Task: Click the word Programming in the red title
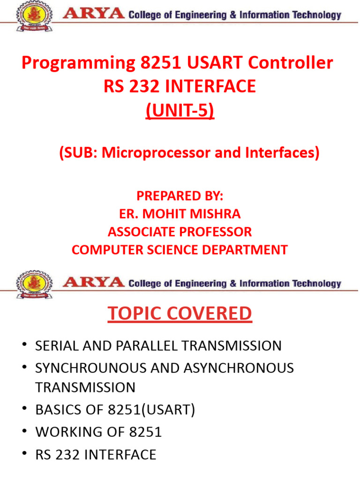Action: pos(78,64)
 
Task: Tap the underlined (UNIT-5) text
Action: pos(180,111)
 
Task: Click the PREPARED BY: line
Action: pos(180,196)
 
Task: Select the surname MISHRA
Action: pos(215,214)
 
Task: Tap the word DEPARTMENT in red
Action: pos(245,250)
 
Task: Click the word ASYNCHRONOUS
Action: pos(239,368)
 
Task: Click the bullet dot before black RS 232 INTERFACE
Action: pos(25,453)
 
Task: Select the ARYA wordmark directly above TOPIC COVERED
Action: pos(94,282)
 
